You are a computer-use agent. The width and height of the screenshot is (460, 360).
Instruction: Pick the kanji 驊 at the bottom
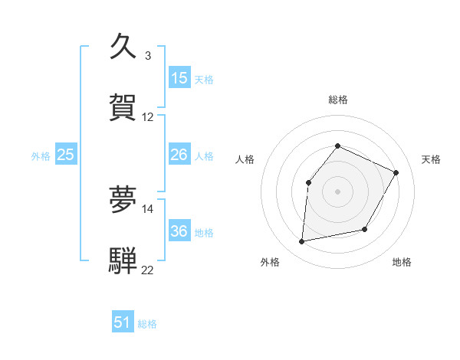(123, 259)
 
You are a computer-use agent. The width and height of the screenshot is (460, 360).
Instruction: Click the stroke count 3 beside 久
(147, 55)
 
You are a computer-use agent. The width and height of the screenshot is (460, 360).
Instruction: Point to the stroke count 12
(148, 116)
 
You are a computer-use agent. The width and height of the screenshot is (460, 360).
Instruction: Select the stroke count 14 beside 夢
(148, 208)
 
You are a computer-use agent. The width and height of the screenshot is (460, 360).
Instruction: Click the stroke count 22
(148, 270)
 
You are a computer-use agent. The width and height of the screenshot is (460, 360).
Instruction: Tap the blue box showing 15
(179, 78)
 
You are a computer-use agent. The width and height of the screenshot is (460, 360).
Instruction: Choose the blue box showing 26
(179, 155)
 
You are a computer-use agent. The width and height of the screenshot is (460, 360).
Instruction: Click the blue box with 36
(179, 231)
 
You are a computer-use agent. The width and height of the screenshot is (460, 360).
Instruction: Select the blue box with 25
(66, 155)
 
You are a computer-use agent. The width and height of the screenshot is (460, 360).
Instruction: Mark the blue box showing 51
(123, 322)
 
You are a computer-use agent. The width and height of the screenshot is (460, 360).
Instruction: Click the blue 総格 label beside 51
(147, 324)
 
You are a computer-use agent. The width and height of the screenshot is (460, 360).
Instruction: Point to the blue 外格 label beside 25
(41, 156)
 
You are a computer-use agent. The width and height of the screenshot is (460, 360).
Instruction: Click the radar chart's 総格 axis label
(337, 100)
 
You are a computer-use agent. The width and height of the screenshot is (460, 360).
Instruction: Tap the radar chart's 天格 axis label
(431, 159)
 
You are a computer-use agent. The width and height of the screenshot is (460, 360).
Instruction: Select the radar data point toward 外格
(302, 241)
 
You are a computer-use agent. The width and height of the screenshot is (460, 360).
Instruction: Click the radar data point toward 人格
(308, 182)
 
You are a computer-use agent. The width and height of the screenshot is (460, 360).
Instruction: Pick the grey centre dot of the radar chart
(337, 191)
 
